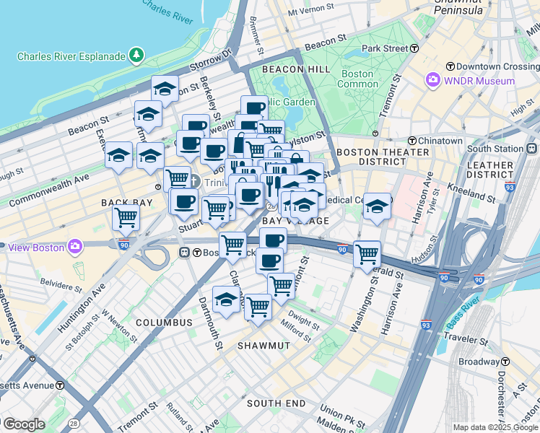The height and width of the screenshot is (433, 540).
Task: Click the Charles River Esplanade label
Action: tap(72, 56)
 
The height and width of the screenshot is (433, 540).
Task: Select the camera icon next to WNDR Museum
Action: tap(433, 80)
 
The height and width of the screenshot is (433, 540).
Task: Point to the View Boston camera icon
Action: tap(75, 248)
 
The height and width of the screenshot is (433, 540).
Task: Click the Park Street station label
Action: tap(385, 48)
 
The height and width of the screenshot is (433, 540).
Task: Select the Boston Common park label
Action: tap(357, 79)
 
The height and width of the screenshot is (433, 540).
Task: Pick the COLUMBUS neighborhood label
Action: tap(165, 323)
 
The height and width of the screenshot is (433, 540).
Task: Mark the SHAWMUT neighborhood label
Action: tap(264, 346)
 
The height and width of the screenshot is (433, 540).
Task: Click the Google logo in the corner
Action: tap(24, 424)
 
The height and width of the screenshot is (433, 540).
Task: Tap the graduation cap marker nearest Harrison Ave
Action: tap(377, 207)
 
